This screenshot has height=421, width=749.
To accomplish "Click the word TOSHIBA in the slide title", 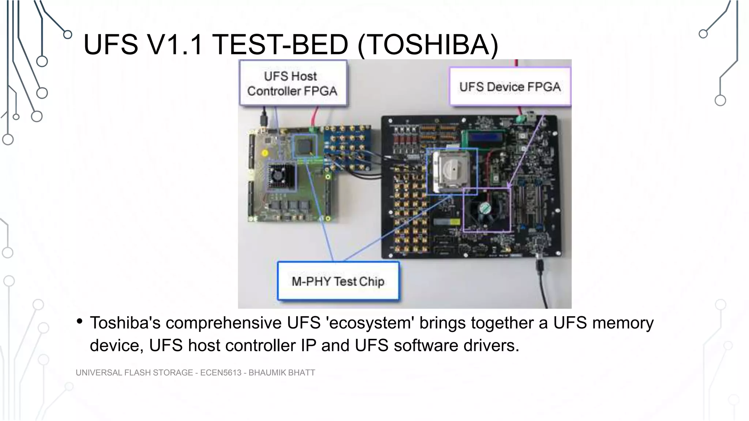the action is (428, 45).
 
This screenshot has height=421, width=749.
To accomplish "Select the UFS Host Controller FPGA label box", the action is (293, 83).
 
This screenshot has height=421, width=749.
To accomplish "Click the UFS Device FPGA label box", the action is (510, 87).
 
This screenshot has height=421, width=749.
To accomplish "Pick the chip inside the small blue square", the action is (305, 146).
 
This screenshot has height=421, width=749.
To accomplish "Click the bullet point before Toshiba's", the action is (79, 322).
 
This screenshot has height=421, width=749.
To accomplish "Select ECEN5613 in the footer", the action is (221, 373).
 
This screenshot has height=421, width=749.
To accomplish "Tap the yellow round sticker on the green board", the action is (265, 153).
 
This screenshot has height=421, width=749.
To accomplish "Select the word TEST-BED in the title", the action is (280, 45).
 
